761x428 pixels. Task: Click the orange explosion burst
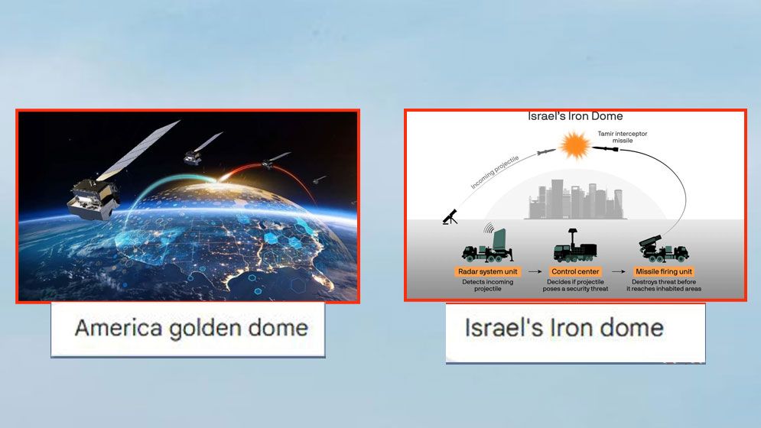coord(575,145)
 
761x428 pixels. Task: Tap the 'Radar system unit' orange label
coord(488,272)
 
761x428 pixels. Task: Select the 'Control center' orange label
coord(575,272)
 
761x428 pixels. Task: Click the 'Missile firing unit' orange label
coord(663,272)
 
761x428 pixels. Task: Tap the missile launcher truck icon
coord(663,248)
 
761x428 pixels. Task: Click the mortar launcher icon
coord(450,216)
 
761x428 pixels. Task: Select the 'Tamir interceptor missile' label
coord(623,137)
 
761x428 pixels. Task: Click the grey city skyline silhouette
coord(576,199)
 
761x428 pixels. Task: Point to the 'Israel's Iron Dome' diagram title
coord(575,116)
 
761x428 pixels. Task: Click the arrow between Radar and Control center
coord(535,272)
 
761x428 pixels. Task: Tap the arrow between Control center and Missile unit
coord(618,272)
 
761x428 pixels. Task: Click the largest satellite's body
coord(93,198)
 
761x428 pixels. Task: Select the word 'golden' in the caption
coord(206,329)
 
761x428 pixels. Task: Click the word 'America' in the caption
coord(119,328)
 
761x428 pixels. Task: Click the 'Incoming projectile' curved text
coord(495,172)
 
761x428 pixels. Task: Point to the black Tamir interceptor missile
coord(607,148)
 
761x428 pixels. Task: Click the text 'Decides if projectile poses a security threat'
coord(575,285)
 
